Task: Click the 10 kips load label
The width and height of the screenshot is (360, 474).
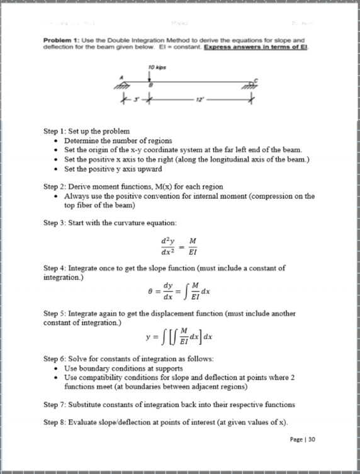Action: coord(149,65)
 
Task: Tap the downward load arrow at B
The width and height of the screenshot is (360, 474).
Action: coord(149,76)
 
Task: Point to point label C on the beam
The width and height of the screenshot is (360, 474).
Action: coord(254,81)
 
